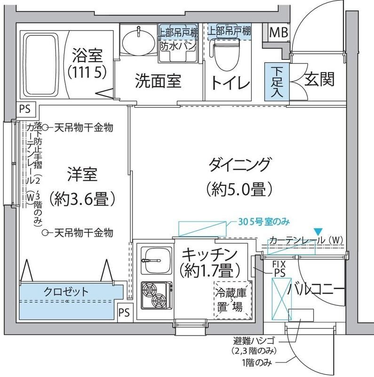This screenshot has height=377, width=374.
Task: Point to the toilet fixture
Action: point(225,55)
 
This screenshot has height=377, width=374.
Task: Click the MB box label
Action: point(278,33)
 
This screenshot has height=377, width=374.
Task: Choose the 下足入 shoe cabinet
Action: point(277,81)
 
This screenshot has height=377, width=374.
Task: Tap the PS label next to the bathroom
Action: point(24,108)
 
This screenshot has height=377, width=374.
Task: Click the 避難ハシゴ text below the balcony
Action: point(254,340)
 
